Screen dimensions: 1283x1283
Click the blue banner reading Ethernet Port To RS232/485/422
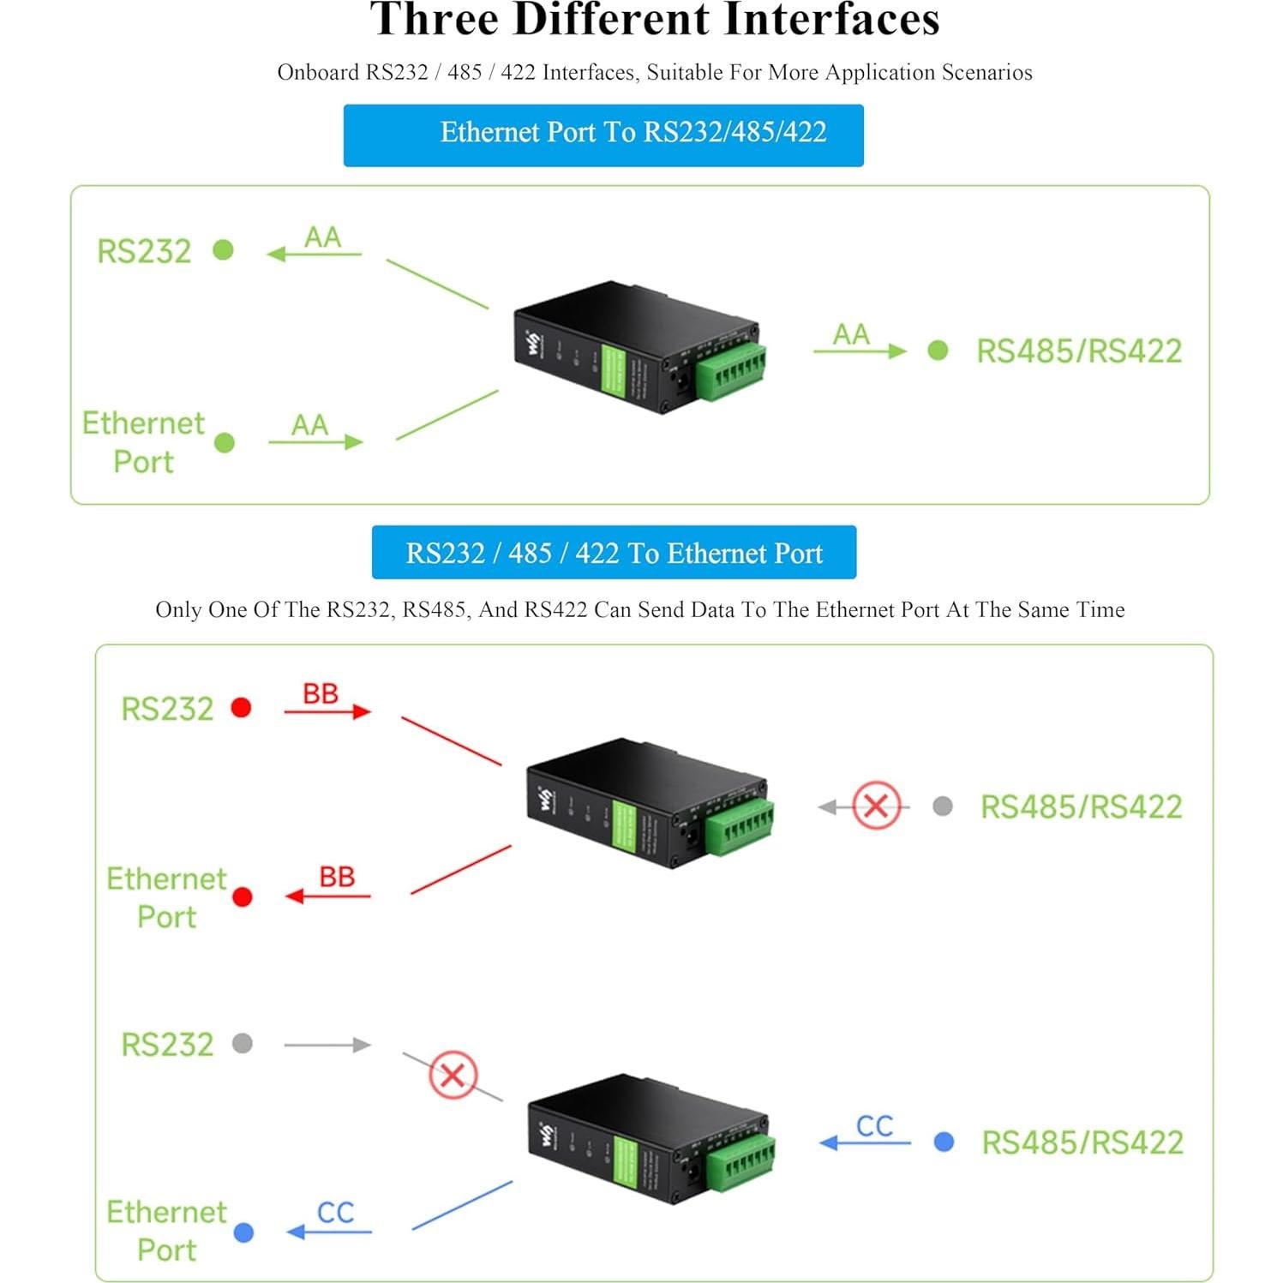[603, 135]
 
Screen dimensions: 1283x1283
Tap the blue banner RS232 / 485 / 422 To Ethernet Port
[614, 553]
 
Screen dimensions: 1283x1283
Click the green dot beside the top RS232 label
[223, 249]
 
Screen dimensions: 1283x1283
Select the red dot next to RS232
[242, 707]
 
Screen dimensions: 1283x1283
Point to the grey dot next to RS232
[243, 1043]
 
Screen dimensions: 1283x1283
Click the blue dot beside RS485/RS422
[944, 1142]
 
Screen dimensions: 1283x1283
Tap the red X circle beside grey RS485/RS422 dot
[876, 806]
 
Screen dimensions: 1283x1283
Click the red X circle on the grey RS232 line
[453, 1075]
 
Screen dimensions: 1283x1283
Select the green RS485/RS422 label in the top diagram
[1078, 351]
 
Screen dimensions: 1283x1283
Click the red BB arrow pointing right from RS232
[327, 710]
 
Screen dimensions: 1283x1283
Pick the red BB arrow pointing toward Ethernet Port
[328, 896]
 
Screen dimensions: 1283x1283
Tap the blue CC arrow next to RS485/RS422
[866, 1142]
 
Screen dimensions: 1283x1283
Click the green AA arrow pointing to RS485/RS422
[860, 351]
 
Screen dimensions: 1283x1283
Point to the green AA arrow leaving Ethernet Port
[315, 441]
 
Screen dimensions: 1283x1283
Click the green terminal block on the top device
[731, 371]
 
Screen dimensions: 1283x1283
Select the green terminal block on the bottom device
[741, 1163]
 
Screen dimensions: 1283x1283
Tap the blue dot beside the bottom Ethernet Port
[243, 1232]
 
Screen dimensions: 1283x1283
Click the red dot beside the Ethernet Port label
[243, 896]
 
